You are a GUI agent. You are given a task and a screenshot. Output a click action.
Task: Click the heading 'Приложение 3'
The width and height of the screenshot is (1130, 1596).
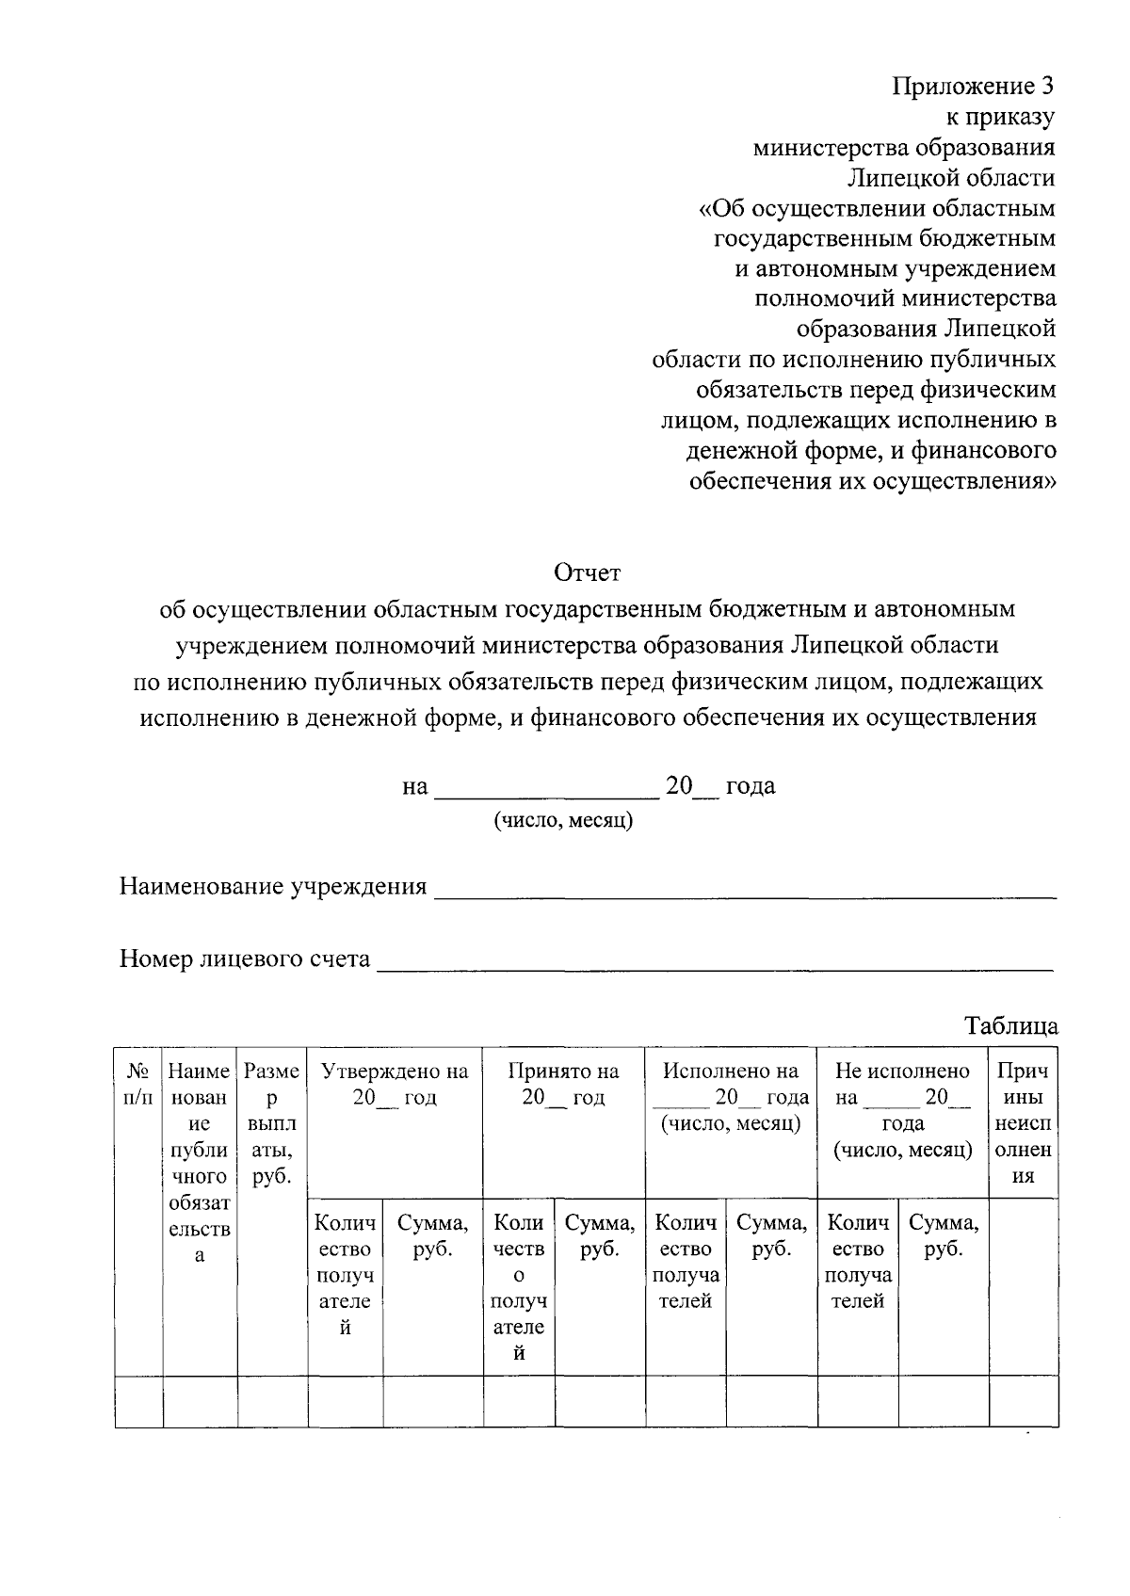click(x=973, y=87)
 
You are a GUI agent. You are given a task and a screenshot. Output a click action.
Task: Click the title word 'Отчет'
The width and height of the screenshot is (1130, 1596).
click(x=588, y=572)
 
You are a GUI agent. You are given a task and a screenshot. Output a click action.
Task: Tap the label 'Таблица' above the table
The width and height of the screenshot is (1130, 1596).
click(x=1011, y=1025)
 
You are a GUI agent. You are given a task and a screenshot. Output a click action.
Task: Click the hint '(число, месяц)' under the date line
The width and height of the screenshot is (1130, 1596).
click(x=564, y=820)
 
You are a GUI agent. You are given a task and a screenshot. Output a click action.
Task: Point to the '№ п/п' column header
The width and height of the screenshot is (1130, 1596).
click(x=138, y=1084)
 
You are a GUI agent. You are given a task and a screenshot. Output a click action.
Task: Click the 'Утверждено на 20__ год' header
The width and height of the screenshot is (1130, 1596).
click(x=395, y=1084)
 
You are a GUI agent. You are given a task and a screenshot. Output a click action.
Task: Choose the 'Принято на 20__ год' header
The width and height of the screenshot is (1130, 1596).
click(x=563, y=1084)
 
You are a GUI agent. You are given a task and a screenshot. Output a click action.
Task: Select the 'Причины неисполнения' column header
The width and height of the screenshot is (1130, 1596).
click(x=1023, y=1122)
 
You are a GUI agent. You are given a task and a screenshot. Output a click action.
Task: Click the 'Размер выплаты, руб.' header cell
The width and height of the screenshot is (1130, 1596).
click(x=272, y=1122)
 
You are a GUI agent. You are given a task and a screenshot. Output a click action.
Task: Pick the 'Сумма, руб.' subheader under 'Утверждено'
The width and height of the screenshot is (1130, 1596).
click(x=432, y=1235)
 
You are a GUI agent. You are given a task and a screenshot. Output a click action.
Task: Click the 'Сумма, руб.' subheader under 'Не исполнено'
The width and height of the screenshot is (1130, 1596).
click(x=944, y=1235)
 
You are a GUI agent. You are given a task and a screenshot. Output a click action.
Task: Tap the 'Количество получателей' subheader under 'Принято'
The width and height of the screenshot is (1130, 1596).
click(x=518, y=1287)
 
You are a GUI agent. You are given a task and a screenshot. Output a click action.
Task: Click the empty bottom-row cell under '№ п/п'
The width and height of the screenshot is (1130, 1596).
click(x=138, y=1402)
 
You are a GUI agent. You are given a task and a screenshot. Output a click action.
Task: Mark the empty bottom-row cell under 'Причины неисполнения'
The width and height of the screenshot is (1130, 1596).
click(x=1023, y=1402)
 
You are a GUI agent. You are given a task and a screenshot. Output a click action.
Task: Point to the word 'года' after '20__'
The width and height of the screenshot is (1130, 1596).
click(x=751, y=785)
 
